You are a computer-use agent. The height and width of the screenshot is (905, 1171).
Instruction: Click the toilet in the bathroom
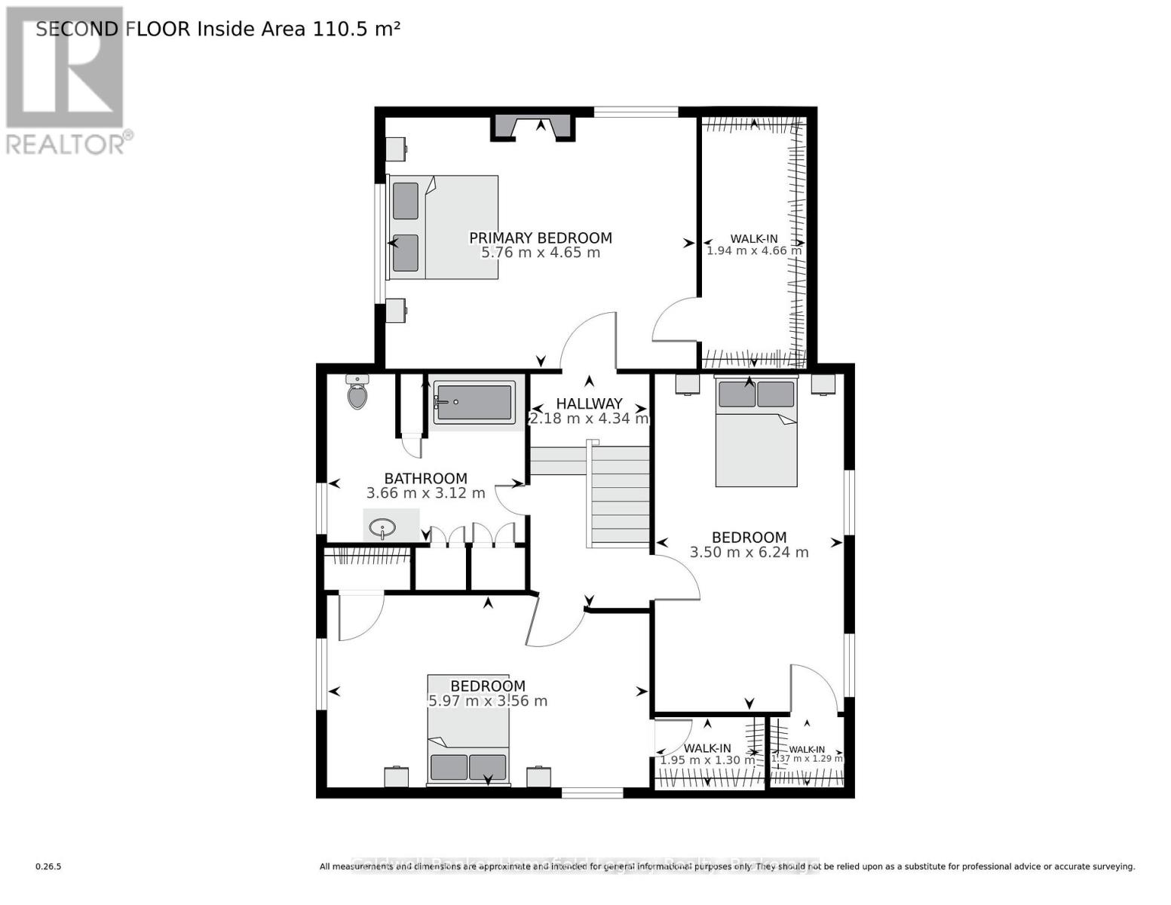(357, 392)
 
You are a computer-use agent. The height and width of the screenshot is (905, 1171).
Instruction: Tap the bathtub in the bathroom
(474, 402)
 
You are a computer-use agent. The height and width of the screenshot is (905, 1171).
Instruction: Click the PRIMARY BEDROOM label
(540, 238)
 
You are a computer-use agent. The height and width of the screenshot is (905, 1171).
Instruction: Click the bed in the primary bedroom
(443, 227)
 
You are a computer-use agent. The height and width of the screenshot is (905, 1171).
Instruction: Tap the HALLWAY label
(589, 403)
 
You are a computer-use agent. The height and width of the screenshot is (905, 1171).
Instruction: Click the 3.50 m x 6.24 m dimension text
(749, 552)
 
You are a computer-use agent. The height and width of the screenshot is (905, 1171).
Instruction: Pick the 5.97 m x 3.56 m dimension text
(487, 701)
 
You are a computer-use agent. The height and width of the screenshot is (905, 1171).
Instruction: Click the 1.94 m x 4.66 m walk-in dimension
(753, 250)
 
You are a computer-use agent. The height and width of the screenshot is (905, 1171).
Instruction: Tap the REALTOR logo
(65, 79)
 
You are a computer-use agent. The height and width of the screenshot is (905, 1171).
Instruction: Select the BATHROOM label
(425, 478)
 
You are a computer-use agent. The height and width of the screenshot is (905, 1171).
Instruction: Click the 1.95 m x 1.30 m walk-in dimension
(707, 760)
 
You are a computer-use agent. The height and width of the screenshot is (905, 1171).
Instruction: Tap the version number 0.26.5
(48, 867)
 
